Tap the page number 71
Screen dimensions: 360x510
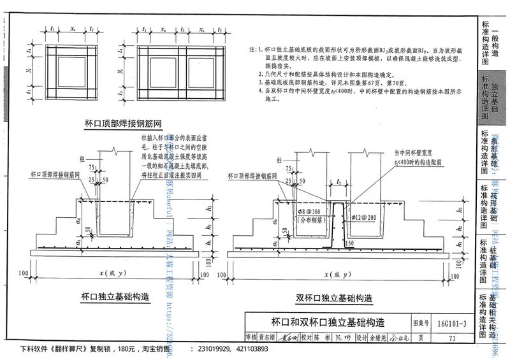click(x=451, y=338)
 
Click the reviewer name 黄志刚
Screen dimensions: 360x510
click(x=268, y=338)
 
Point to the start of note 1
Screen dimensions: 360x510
click(x=253, y=49)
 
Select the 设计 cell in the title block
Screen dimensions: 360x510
click(x=361, y=338)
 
